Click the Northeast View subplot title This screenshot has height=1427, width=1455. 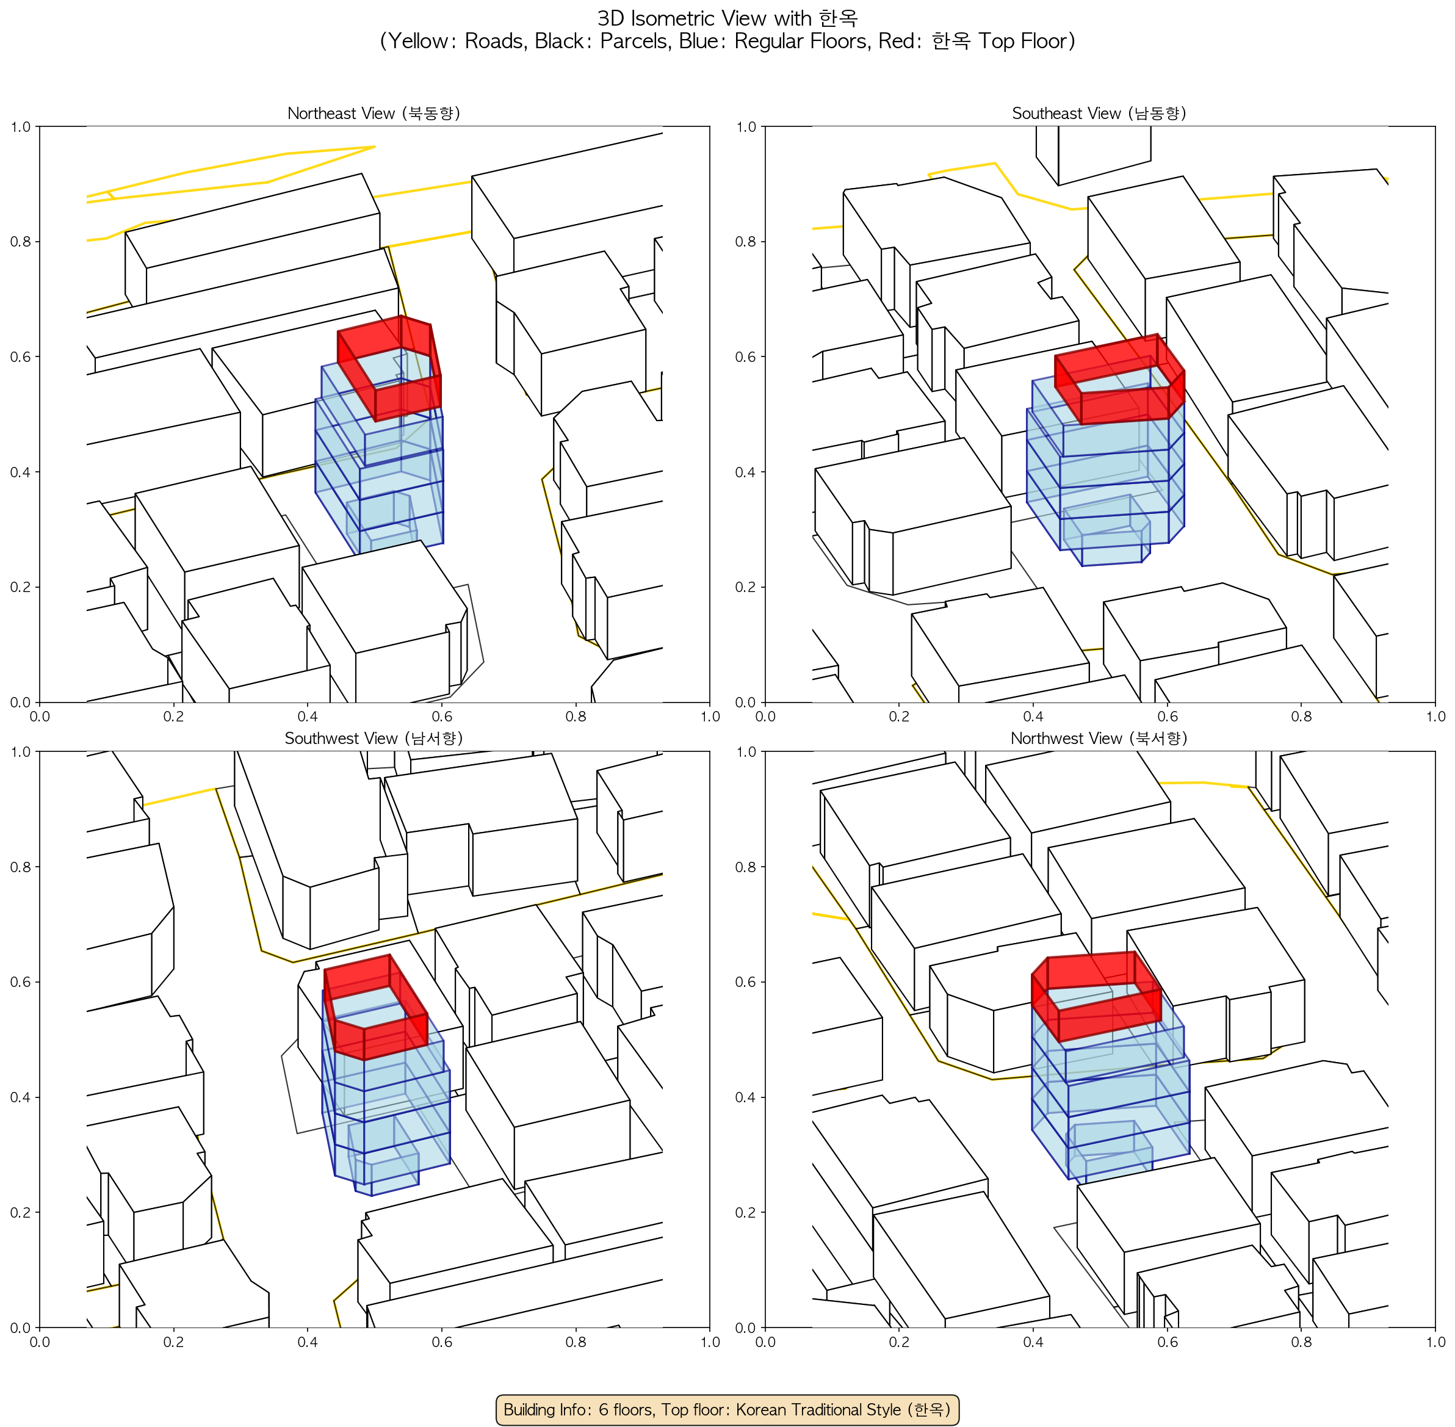[374, 113]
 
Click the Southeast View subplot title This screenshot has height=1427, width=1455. [1099, 113]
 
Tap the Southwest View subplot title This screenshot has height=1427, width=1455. [374, 739]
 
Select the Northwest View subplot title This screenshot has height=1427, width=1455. [1099, 739]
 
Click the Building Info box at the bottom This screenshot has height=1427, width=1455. [727, 1409]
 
